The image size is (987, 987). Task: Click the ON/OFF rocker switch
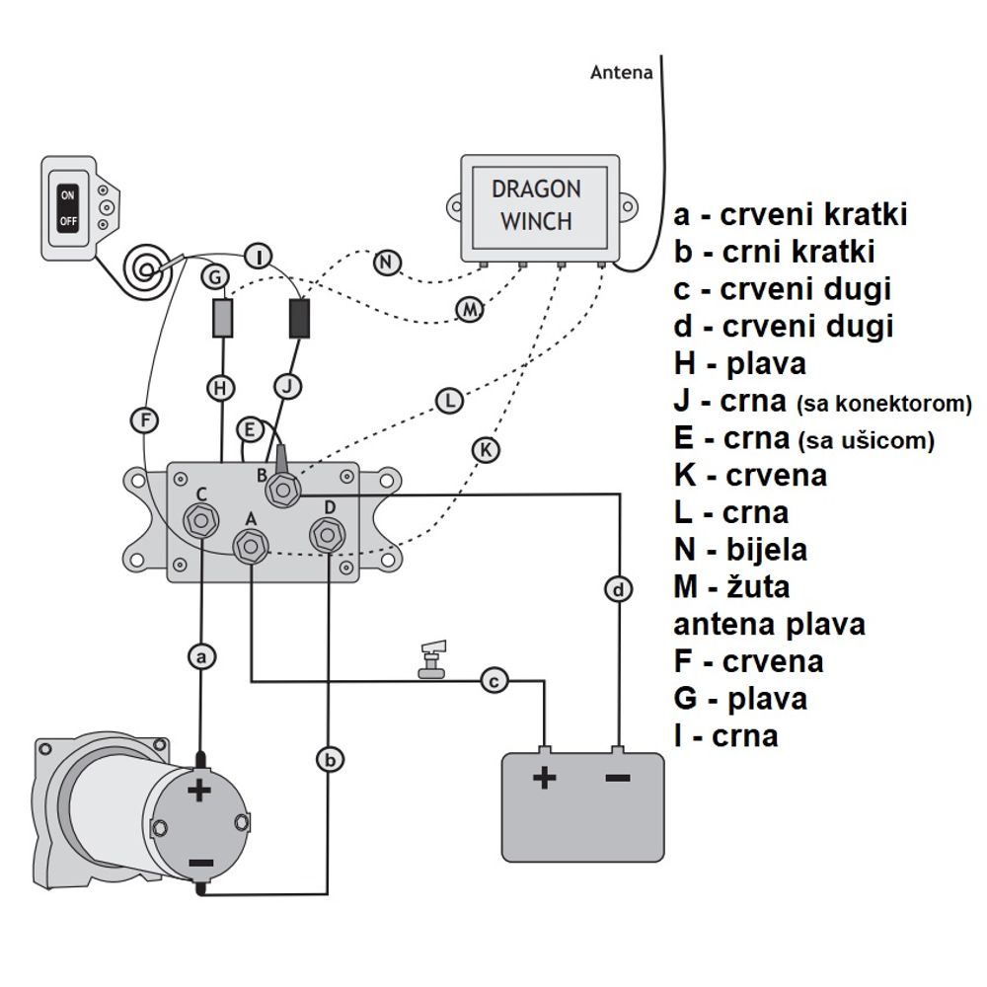(68, 208)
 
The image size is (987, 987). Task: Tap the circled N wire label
(387, 263)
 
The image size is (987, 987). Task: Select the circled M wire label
(470, 309)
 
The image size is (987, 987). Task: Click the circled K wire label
(486, 450)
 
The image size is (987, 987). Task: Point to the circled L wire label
(450, 401)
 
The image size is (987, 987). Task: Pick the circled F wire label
(145, 419)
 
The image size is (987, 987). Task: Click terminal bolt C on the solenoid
(201, 520)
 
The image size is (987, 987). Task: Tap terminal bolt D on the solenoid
(328, 535)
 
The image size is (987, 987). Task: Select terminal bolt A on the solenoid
(251, 547)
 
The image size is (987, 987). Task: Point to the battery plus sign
(545, 779)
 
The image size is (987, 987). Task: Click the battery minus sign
(618, 779)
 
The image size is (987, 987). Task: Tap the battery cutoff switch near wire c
(433, 659)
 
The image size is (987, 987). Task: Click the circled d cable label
(619, 590)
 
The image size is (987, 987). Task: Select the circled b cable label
(330, 760)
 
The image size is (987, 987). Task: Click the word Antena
(621, 72)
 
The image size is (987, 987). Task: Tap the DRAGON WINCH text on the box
(536, 205)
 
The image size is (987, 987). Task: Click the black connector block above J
(299, 318)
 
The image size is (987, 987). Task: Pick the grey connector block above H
(222, 318)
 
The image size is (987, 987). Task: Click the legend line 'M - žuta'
(731, 587)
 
